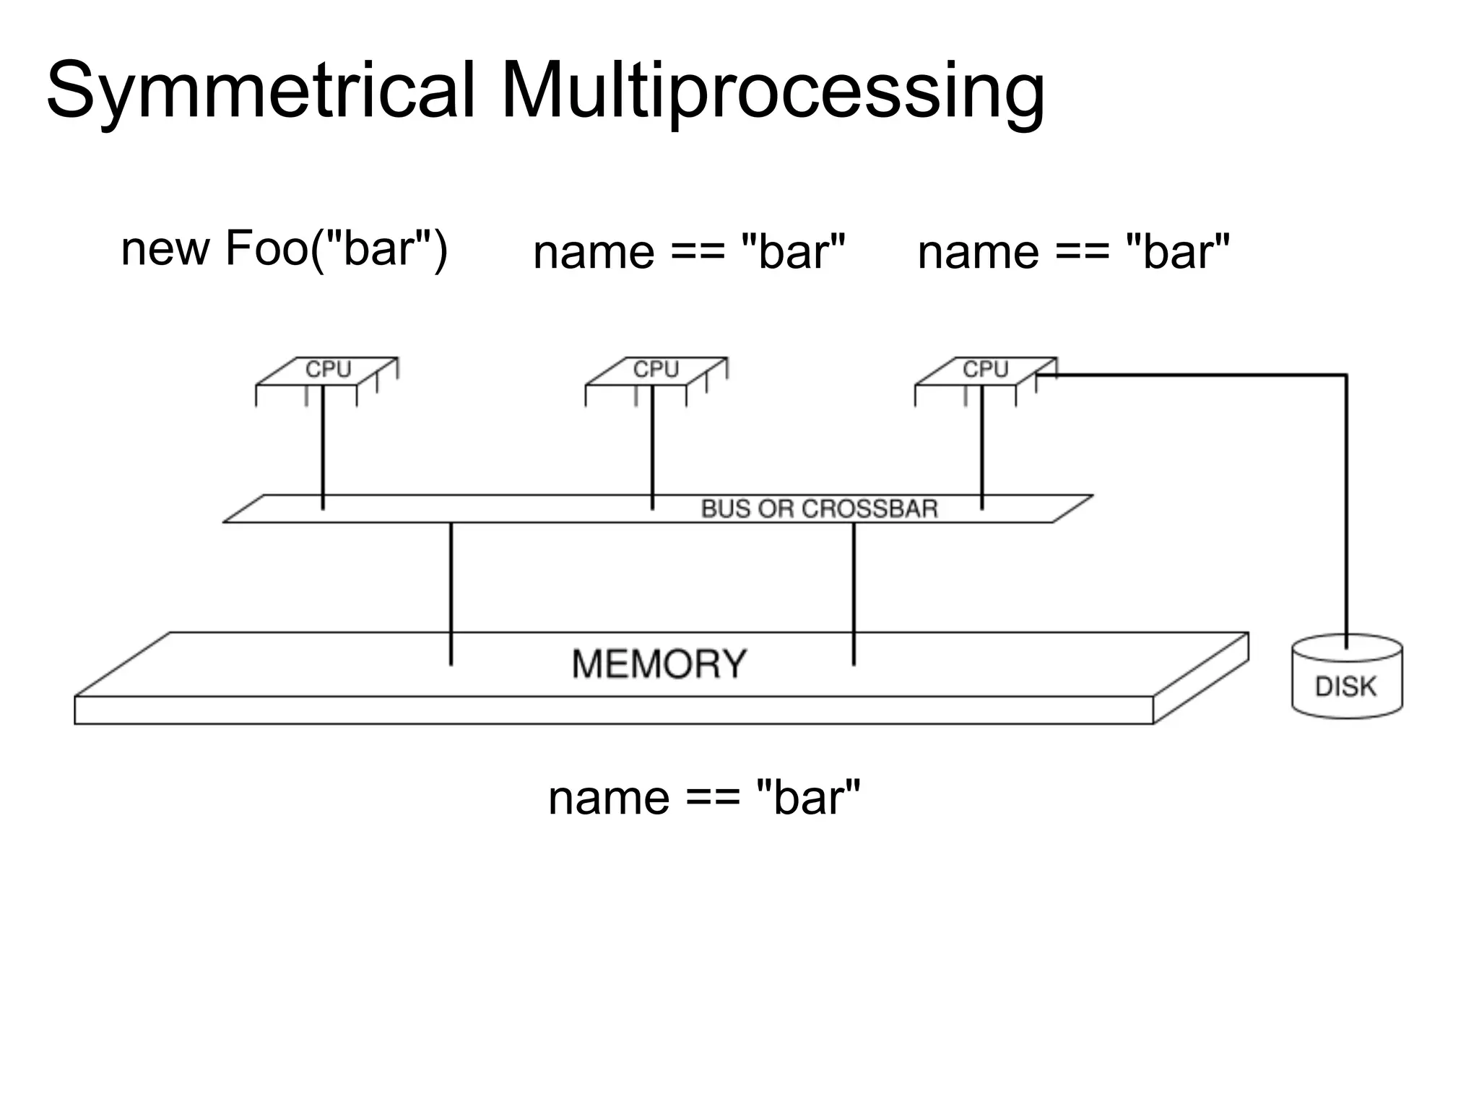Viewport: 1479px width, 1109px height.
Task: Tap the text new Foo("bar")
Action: point(284,249)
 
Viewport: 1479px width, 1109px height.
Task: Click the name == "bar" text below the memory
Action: point(704,798)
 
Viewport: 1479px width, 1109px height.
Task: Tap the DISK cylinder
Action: point(1346,679)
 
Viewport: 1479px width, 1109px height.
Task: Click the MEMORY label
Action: point(659,664)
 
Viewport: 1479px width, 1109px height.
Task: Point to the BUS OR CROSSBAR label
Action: point(819,509)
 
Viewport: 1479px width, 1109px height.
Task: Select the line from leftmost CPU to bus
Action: point(323,448)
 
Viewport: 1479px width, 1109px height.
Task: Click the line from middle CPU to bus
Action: point(652,448)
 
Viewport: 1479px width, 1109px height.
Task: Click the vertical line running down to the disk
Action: point(1346,505)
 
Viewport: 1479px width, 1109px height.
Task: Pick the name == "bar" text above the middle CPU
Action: point(689,252)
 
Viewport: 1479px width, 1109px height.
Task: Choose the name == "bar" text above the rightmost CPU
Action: point(1073,252)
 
